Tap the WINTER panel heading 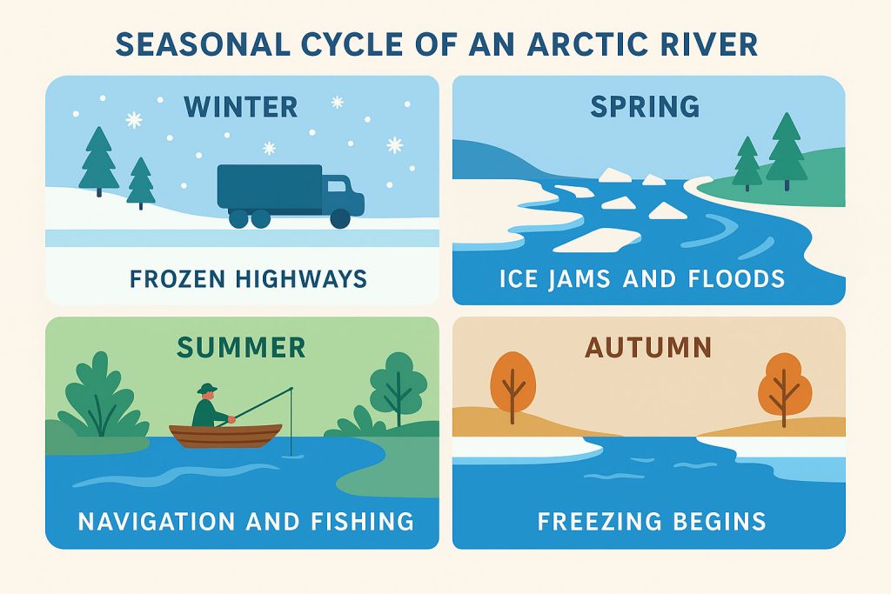tap(241, 107)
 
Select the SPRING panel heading tap(645, 106)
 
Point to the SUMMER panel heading tap(241, 348)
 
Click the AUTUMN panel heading tap(648, 348)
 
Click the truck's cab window tap(336, 186)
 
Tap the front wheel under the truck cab tap(340, 218)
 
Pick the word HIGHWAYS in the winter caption tap(301, 279)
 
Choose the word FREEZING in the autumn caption tap(592, 521)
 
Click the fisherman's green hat tap(207, 389)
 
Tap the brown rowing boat tap(225, 436)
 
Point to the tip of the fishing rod tap(291, 389)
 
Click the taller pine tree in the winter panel tap(99, 161)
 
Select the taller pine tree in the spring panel tap(787, 151)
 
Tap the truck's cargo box tap(270, 186)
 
